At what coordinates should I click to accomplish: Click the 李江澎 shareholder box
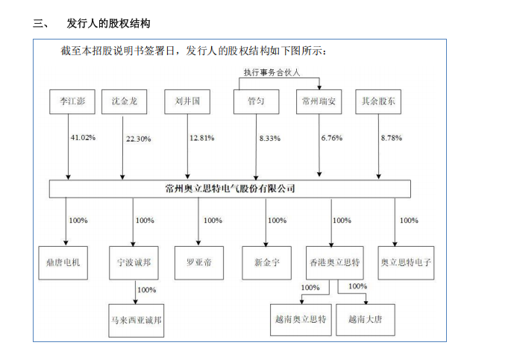(x=72, y=101)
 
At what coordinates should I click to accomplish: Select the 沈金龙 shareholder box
(x=124, y=101)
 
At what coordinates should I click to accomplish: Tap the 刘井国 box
(x=187, y=101)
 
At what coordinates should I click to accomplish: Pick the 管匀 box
(x=256, y=101)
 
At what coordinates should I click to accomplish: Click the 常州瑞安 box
(x=319, y=101)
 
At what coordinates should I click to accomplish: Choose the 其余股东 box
(x=378, y=101)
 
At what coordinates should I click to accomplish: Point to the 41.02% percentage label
(x=83, y=138)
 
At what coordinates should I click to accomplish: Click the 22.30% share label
(x=139, y=139)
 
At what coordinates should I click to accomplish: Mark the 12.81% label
(x=202, y=138)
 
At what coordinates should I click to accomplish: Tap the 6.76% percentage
(x=332, y=138)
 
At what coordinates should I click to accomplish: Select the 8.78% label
(x=392, y=138)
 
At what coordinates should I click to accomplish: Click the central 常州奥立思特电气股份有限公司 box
(x=230, y=189)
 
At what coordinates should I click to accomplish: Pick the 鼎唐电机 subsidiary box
(x=63, y=262)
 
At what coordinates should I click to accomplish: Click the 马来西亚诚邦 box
(x=137, y=320)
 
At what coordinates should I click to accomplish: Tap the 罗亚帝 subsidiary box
(x=199, y=262)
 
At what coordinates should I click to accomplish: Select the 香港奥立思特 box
(x=335, y=262)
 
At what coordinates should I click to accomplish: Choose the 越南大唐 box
(x=366, y=320)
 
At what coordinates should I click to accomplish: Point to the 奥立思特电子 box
(x=406, y=262)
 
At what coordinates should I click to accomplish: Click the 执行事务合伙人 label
(x=272, y=72)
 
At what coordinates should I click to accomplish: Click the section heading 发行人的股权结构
(x=108, y=23)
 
